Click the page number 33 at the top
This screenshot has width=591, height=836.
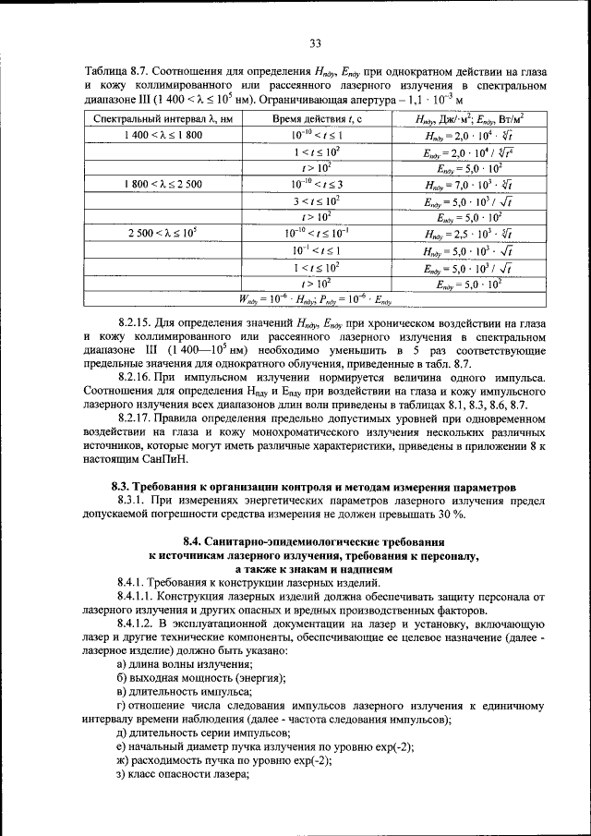click(x=314, y=42)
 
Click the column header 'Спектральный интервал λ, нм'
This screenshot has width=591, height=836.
click(x=162, y=119)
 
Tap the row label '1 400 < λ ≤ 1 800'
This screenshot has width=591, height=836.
click(x=162, y=135)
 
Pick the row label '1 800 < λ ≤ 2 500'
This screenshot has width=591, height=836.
click(x=162, y=185)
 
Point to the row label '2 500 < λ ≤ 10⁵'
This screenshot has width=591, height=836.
click(x=162, y=234)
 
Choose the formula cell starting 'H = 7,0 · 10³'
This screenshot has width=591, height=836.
click(x=469, y=185)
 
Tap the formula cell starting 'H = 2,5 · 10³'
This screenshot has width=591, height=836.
click(x=469, y=234)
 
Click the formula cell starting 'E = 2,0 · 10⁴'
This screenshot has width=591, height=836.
click(x=469, y=151)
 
